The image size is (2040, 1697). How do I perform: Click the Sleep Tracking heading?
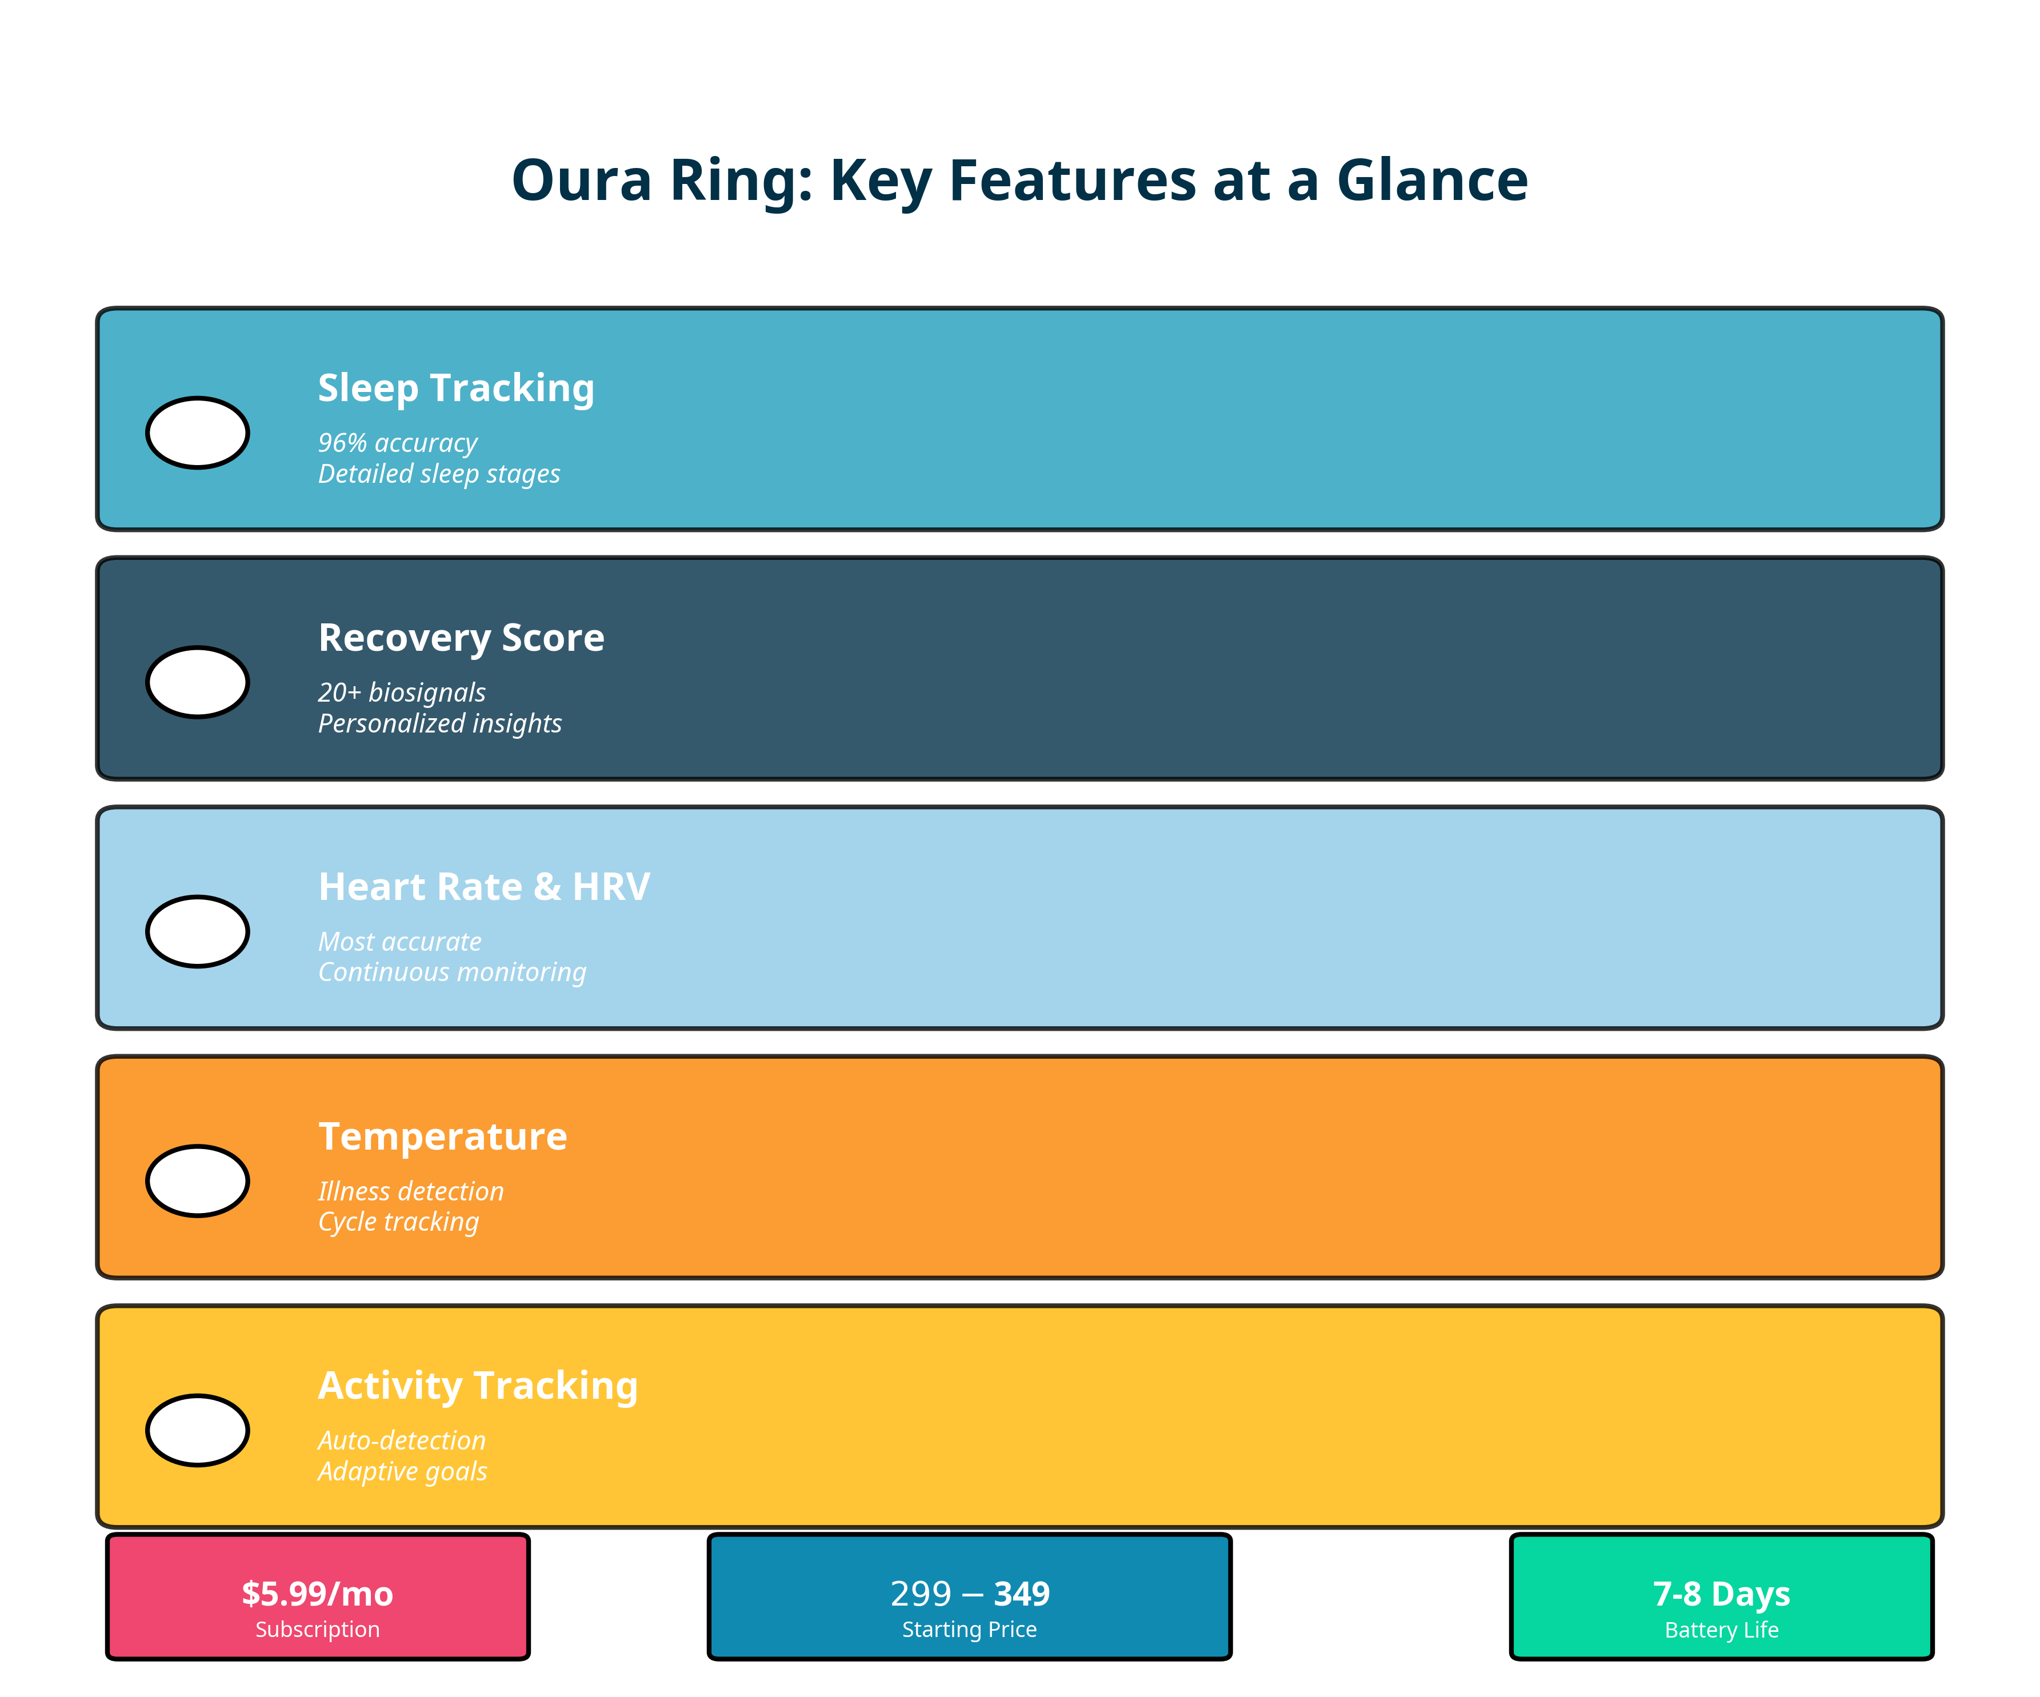[455, 389]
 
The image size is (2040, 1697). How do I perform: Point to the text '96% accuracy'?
[397, 443]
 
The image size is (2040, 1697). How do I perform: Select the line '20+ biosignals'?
[401, 693]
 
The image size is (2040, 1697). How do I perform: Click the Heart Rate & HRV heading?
[484, 887]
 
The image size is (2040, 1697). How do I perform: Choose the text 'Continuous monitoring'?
[451, 972]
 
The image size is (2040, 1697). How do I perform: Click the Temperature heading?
[442, 1136]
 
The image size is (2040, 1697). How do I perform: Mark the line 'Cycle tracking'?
[398, 1222]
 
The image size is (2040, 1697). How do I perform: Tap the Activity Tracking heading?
[477, 1386]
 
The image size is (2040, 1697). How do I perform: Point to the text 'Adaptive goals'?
[402, 1472]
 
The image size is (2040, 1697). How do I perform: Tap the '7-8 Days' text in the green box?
[1721, 1594]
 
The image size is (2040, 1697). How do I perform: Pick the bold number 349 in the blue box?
[1021, 1594]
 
